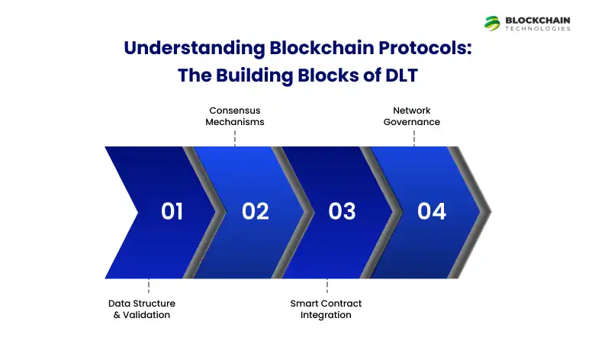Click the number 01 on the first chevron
[x=172, y=211]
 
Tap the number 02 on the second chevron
[x=256, y=211]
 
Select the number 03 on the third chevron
[x=342, y=211]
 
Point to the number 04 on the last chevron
[x=431, y=211]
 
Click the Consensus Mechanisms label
[x=235, y=116]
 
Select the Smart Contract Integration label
[x=326, y=309]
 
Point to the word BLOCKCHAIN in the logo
[x=538, y=19]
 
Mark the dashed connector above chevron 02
[x=235, y=137]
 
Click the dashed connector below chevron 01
[x=148, y=287]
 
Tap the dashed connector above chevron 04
[x=414, y=137]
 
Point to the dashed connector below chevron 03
[x=327, y=287]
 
